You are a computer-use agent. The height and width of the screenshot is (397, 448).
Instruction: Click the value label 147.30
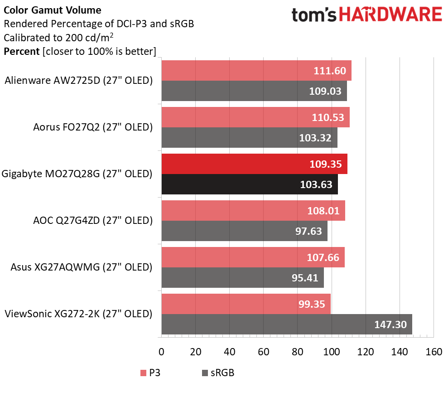(390, 324)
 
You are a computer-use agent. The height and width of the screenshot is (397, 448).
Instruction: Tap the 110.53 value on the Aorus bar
(328, 117)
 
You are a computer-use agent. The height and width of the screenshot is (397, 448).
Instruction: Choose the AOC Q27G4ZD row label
(93, 220)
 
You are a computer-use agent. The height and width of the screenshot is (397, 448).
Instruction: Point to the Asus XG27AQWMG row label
(81, 267)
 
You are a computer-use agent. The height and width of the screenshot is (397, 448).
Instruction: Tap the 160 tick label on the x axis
(434, 352)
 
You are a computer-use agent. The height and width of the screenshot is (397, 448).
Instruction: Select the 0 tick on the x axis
(161, 352)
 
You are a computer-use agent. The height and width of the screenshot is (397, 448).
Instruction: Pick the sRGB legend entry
(217, 373)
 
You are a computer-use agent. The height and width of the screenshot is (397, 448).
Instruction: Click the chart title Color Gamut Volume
(53, 10)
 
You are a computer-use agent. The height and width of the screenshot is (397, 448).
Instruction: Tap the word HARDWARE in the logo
(390, 15)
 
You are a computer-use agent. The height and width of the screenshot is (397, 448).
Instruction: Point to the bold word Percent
(21, 51)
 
